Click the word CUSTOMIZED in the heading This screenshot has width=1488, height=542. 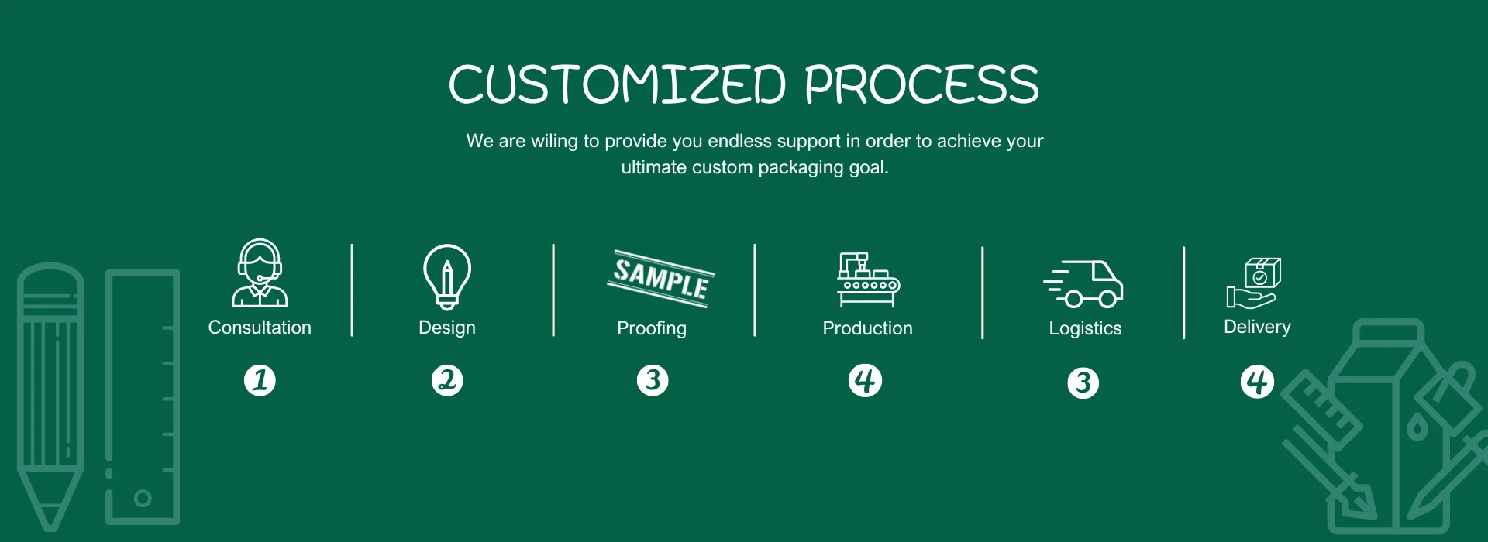pos(618,84)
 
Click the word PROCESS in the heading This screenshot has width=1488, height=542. pos(921,84)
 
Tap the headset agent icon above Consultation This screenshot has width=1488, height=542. pos(260,273)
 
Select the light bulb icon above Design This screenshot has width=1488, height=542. pos(447,277)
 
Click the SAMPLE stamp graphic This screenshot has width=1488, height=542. pos(660,278)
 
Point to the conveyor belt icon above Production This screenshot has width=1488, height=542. pos(868,280)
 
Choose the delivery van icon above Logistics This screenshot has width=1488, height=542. pos(1083,283)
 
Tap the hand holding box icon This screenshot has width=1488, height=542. pos(1254,283)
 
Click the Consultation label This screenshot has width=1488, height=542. pos(260,328)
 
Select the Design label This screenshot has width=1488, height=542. pos(447,328)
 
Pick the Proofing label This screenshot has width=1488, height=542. pos(652,329)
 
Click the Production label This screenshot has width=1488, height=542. pos(868,328)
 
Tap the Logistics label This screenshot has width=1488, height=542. pos(1085,329)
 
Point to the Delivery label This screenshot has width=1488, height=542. pos(1257,328)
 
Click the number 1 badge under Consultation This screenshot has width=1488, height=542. pos(260,380)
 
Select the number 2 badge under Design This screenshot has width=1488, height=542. pos(447,380)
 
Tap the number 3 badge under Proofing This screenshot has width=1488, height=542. pos(653,380)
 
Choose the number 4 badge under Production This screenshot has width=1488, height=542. pos(866,380)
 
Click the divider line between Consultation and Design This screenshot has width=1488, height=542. pos(352,290)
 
